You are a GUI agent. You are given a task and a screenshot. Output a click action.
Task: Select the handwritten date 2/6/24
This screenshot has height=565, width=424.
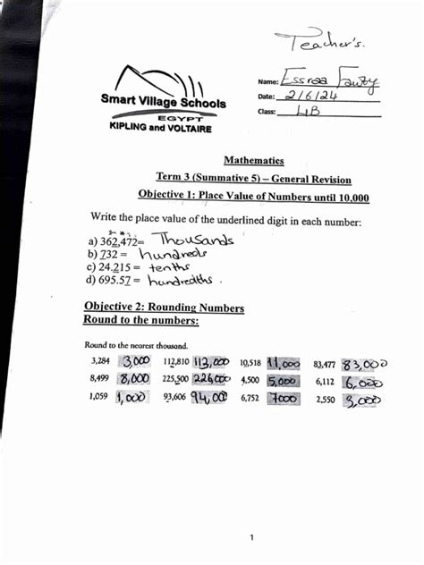click(318, 97)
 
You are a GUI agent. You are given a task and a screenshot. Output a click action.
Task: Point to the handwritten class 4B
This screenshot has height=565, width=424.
click(308, 113)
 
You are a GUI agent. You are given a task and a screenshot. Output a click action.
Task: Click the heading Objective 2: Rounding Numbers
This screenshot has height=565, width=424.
click(164, 308)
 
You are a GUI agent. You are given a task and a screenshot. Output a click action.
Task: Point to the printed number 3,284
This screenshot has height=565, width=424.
click(100, 362)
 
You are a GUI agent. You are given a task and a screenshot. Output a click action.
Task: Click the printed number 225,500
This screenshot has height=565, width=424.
click(175, 379)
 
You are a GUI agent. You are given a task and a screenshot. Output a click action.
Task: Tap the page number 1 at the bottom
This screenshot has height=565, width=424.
click(252, 536)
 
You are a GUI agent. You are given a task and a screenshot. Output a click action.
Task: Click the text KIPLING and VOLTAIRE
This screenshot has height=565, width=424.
click(160, 129)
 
